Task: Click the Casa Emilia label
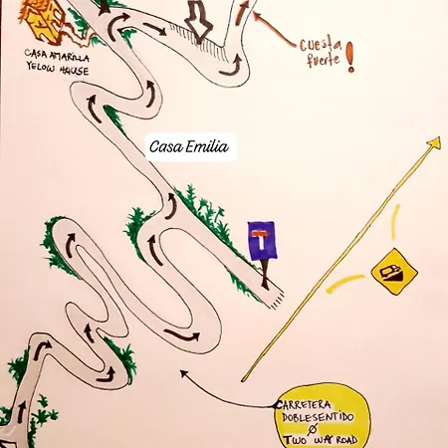tap(189, 146)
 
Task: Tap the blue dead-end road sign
tap(262, 241)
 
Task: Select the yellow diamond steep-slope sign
tap(394, 272)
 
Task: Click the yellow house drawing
tap(43, 22)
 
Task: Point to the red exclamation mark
tap(350, 57)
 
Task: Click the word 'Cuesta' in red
tap(321, 45)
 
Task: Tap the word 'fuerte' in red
tap(324, 60)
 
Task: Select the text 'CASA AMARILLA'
tap(57, 56)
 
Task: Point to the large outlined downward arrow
tap(198, 22)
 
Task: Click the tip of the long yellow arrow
tap(440, 138)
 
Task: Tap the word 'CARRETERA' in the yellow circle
tap(304, 405)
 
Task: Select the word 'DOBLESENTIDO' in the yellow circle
tap(318, 417)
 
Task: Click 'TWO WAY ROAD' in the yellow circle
tap(321, 440)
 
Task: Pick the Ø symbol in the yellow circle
tap(312, 429)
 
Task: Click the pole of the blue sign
tap(265, 274)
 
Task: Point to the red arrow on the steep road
tap(241, 13)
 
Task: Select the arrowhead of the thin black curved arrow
tap(183, 373)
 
